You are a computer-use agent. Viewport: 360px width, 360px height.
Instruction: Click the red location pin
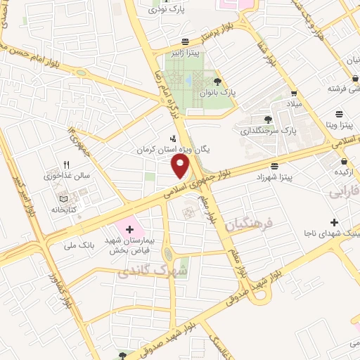point(181,166)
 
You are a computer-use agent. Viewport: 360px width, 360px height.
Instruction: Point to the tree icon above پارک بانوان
point(225,81)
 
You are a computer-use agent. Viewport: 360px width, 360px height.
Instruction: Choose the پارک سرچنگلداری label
point(269,130)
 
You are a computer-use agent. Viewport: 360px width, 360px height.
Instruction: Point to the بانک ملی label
point(79,245)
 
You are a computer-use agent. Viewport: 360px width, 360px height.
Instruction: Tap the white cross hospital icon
point(129,229)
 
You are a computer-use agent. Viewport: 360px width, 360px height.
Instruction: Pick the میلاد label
point(292,103)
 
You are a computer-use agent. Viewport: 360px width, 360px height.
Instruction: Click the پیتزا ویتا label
point(339,125)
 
